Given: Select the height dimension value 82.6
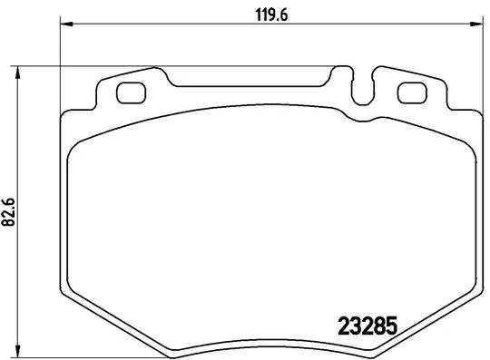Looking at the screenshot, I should pyautogui.click(x=9, y=214).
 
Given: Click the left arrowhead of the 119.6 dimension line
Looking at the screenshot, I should pyautogui.click(x=64, y=25).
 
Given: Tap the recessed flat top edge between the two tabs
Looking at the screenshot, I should pyautogui.click(x=254, y=87).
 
